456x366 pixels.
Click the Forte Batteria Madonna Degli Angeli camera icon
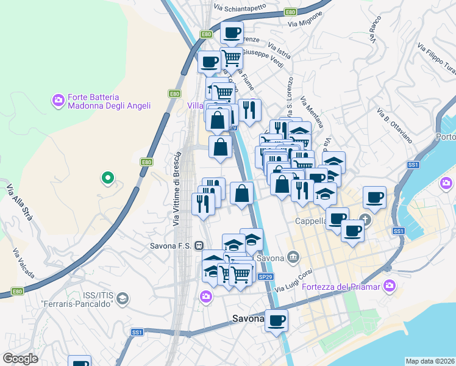(59, 100)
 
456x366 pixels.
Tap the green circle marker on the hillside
(107, 178)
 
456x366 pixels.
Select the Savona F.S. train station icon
(199, 246)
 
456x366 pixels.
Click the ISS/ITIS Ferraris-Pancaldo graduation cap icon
(122, 298)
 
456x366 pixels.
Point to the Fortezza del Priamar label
(341, 286)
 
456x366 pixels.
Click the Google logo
(20, 359)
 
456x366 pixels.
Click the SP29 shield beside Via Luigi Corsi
(265, 276)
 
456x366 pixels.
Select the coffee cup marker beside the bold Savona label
(276, 320)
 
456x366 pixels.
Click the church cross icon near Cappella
(366, 219)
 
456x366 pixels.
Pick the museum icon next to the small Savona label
(293, 256)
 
